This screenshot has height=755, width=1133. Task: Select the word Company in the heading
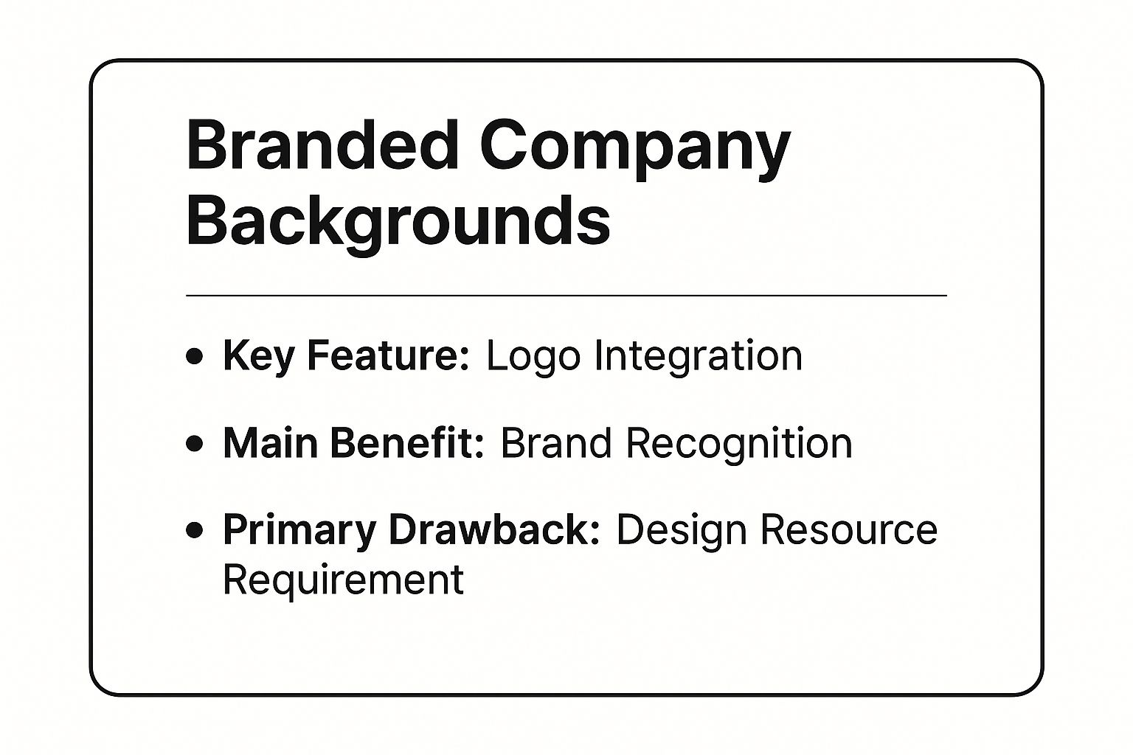[635, 150]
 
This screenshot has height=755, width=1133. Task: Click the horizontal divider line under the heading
[566, 296]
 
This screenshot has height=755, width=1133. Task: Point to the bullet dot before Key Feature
[194, 356]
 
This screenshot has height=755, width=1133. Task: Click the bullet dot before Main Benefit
[194, 444]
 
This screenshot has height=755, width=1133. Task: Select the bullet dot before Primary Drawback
[194, 530]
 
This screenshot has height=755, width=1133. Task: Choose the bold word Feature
[389, 356]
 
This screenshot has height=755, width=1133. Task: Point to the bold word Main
[271, 443]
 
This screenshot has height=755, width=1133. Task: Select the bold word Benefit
[408, 443]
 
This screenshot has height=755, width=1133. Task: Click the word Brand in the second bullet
[556, 443]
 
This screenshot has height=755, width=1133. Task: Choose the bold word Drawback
[494, 530]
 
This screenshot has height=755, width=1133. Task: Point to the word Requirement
[344, 580]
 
